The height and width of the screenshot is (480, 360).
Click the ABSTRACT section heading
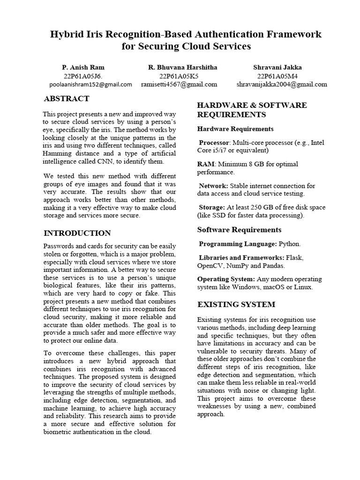pos(66,98)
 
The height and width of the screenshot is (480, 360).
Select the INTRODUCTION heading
pos(77,233)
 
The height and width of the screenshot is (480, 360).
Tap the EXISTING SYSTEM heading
pos(236,305)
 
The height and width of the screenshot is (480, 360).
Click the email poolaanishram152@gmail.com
pos(90,84)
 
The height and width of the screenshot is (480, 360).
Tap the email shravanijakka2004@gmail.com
pos(282,84)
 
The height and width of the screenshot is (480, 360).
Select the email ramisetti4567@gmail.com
pos(179,84)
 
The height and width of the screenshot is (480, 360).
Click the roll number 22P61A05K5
pos(179,76)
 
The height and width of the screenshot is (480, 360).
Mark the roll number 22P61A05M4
pos(277,76)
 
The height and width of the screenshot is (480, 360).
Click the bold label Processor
pos(214,142)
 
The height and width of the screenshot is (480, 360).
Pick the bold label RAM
pos(205,164)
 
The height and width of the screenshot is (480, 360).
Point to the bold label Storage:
pos(212,207)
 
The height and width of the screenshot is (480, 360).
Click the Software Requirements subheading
pos(239,230)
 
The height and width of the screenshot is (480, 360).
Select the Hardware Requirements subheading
pos(235,129)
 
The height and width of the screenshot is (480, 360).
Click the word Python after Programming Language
pos(289,244)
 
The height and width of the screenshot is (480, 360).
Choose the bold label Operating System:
pos(225,279)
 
